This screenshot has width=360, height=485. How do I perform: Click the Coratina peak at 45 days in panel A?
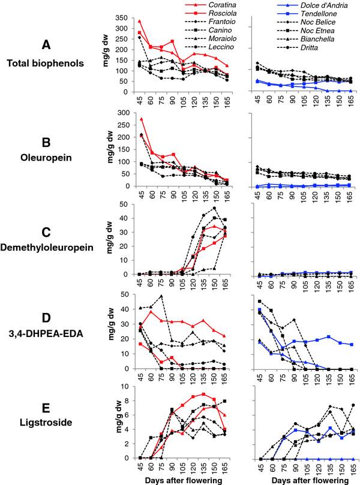(140, 20)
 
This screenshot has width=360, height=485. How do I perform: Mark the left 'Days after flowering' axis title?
(189, 480)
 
